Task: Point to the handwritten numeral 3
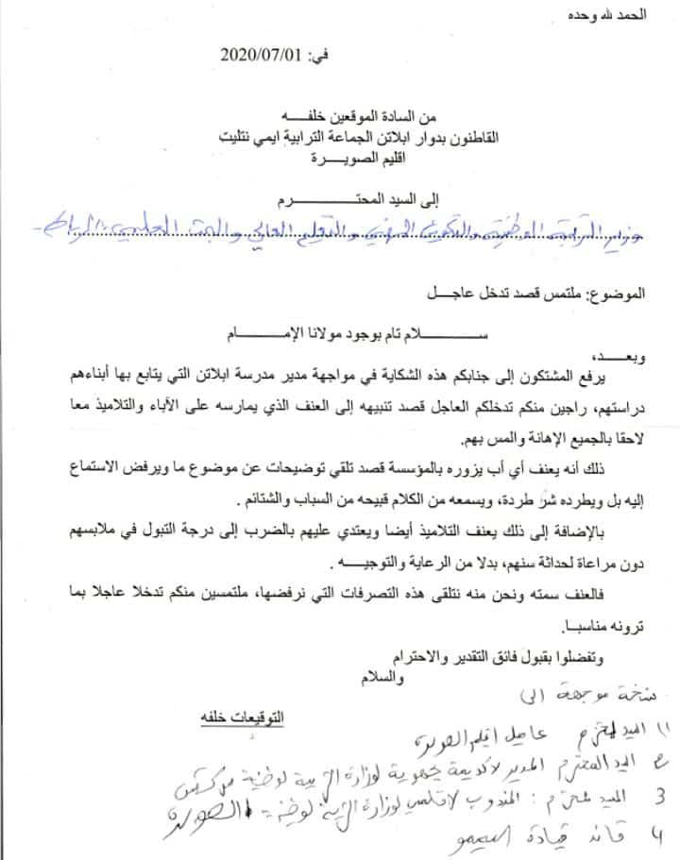click(647, 801)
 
